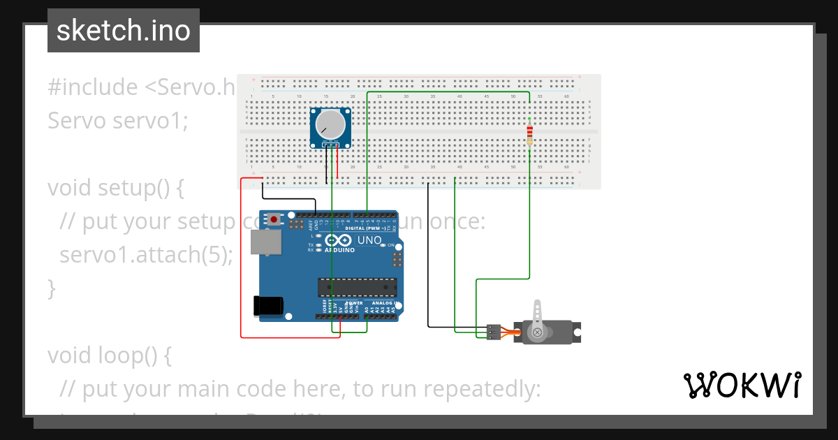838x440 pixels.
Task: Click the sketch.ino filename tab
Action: (x=124, y=31)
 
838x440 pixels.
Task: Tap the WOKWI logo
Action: (x=742, y=385)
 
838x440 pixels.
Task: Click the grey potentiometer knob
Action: (x=330, y=124)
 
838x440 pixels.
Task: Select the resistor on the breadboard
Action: (x=529, y=133)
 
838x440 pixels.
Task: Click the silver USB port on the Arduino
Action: (x=267, y=242)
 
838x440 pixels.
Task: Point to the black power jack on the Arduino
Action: (x=268, y=305)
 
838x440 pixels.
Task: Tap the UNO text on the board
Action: (x=370, y=240)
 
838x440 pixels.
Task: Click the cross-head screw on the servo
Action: (x=537, y=333)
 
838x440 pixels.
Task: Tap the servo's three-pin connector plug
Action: (x=494, y=332)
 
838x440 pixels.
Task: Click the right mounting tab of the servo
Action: (x=577, y=332)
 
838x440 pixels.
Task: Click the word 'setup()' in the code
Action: (x=140, y=188)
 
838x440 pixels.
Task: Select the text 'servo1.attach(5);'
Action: (x=146, y=254)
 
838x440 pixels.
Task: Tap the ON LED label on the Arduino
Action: (x=391, y=246)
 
